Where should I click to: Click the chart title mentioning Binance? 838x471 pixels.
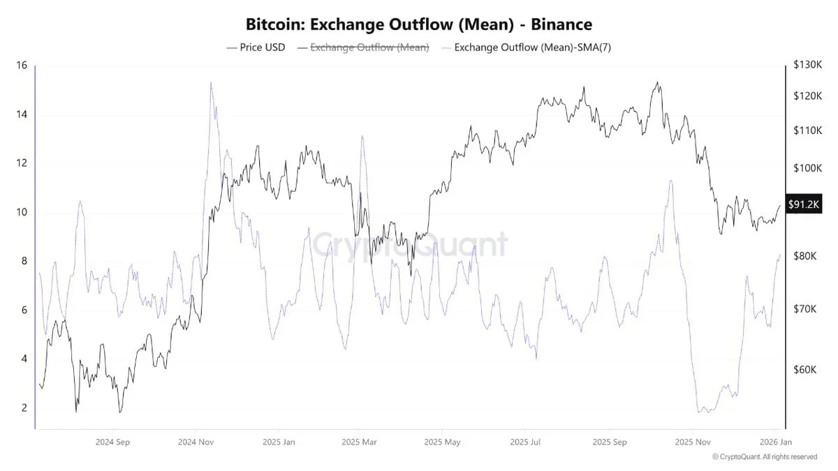(418, 24)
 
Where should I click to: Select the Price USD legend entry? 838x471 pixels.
(256, 47)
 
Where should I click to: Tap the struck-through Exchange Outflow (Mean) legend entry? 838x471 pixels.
(363, 47)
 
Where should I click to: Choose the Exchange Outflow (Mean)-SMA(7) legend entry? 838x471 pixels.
(527, 47)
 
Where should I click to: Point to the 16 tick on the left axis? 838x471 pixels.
(22, 66)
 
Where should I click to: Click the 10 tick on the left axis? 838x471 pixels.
(22, 212)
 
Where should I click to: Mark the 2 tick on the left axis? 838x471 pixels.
(24, 408)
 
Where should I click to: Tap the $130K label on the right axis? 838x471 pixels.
(808, 65)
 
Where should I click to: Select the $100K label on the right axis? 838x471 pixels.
(808, 168)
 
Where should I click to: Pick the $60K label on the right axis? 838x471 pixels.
(804, 370)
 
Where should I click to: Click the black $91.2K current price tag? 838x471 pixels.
(804, 204)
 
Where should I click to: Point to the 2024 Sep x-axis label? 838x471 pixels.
(112, 442)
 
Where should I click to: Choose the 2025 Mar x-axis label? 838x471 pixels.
(359, 442)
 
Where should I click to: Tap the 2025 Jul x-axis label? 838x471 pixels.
(525, 442)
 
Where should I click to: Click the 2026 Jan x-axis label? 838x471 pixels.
(776, 442)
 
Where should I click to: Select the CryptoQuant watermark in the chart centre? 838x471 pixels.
(410, 245)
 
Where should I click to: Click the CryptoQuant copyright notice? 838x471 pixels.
(765, 457)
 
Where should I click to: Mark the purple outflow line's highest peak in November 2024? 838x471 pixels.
(211, 82)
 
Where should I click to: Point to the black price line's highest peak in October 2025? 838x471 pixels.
(657, 82)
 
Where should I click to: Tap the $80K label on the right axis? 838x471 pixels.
(805, 256)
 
